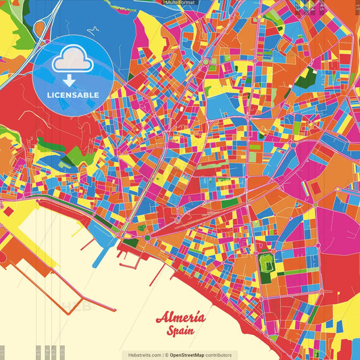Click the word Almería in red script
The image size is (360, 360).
[180, 318]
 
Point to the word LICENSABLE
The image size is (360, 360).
[72, 95]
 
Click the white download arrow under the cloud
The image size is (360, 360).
[72, 80]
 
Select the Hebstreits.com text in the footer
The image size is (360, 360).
[142, 355]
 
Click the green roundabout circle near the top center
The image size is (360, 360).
[206, 62]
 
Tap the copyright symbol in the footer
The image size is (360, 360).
[165, 355]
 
